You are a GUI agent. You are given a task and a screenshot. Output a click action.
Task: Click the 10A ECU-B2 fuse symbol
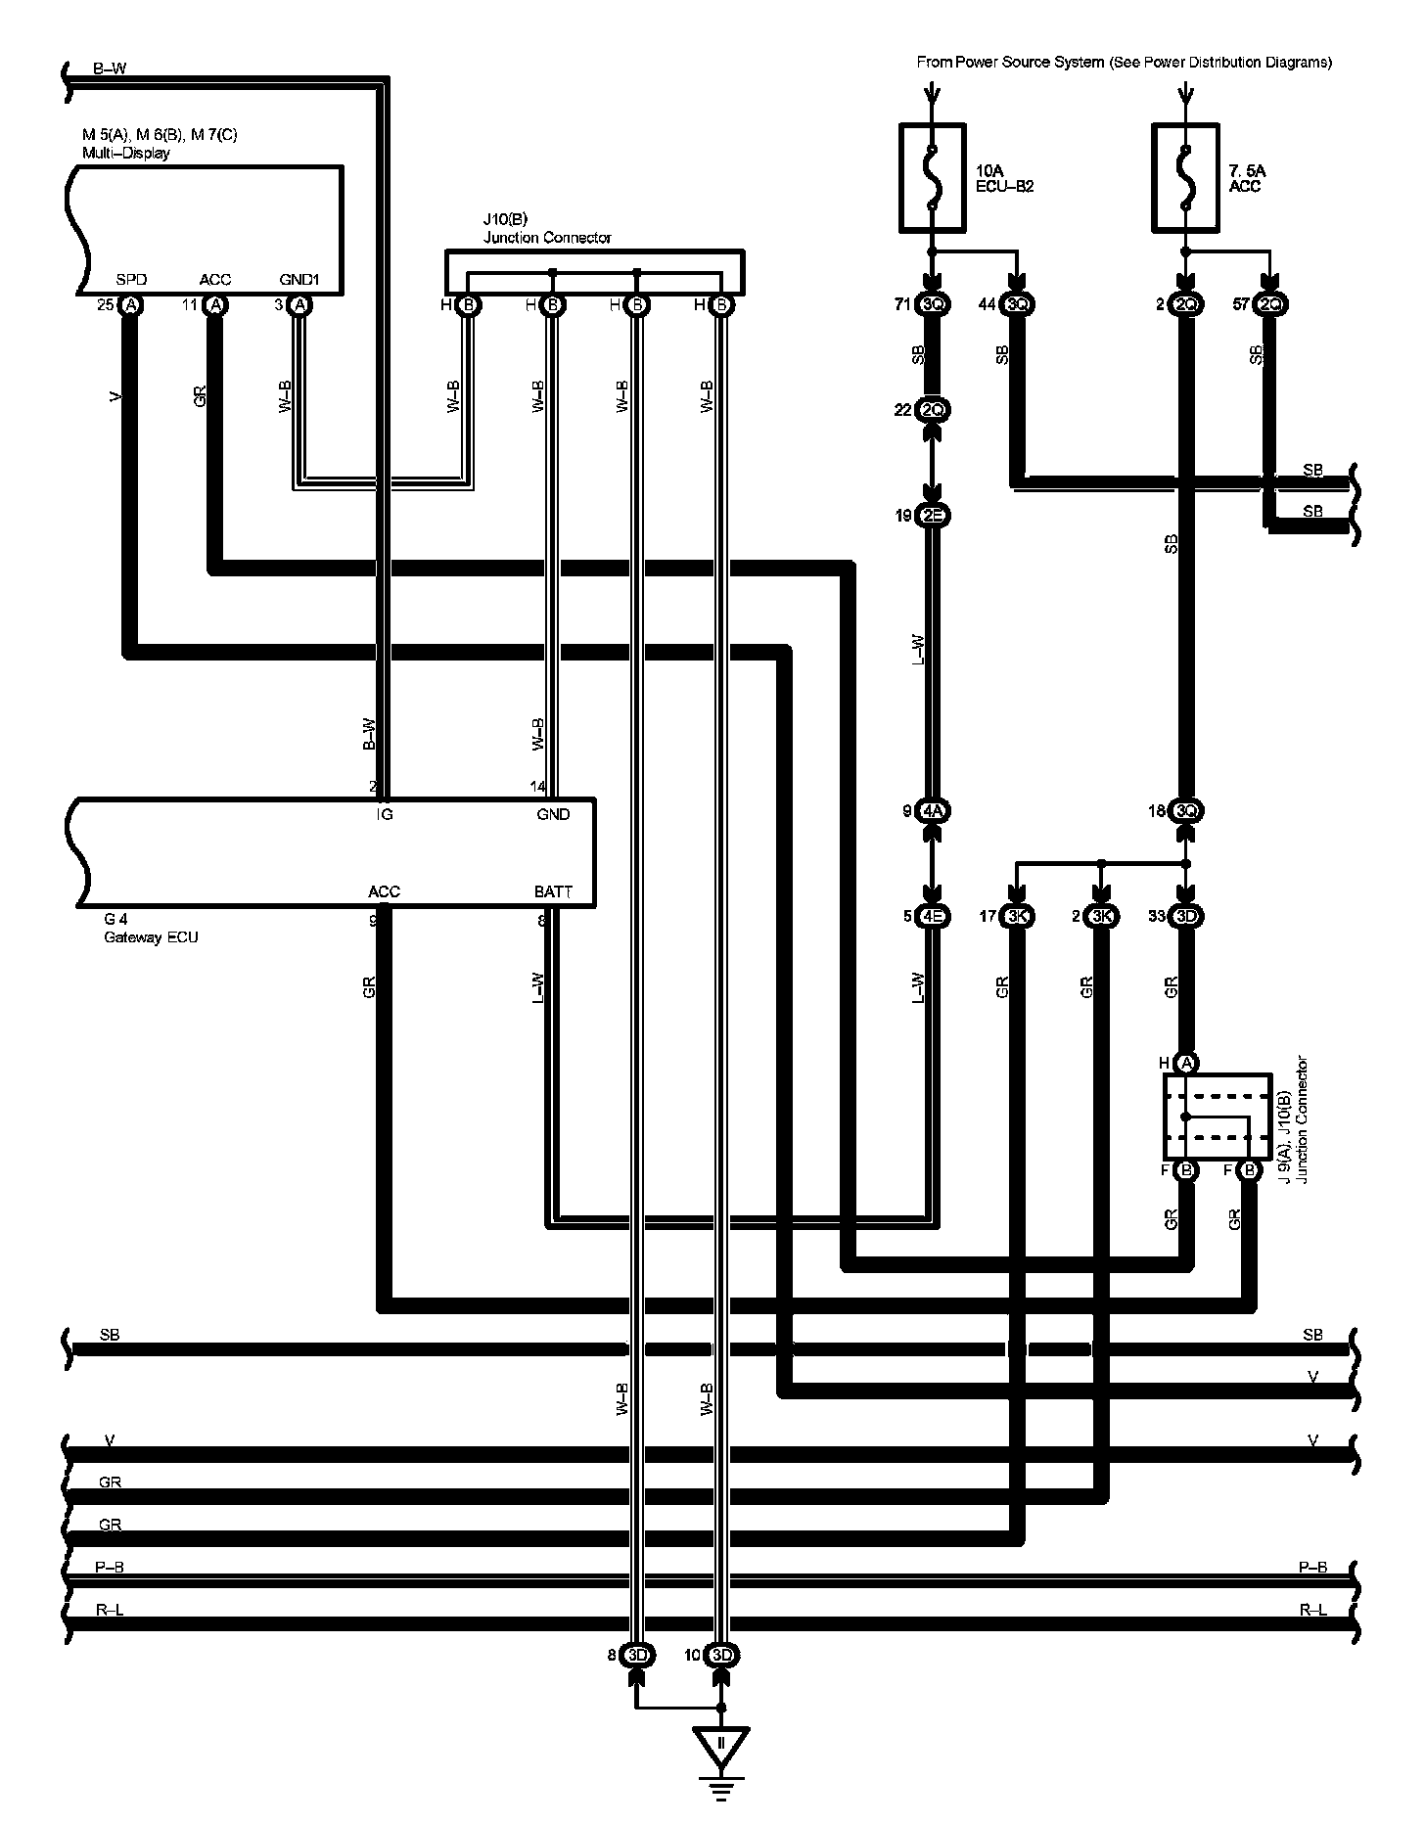coord(932,177)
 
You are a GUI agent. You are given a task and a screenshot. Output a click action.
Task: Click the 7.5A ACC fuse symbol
coord(1186,177)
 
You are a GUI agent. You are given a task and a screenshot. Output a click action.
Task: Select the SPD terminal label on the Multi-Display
coord(131,280)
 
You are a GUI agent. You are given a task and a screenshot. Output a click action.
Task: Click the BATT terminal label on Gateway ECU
coord(553,891)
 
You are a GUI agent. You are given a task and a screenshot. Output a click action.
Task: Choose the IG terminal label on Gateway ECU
coord(385,814)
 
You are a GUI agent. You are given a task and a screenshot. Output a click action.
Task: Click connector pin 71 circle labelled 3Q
coord(933,305)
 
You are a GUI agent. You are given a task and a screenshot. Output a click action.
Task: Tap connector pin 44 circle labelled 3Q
coord(1018,305)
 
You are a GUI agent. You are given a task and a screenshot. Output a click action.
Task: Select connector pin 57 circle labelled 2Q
coord(1270,305)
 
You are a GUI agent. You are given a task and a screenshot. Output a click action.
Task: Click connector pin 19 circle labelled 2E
coord(933,516)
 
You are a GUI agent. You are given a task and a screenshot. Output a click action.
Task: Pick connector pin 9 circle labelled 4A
coord(933,810)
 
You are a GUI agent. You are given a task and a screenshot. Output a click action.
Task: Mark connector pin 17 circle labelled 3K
coord(1018,917)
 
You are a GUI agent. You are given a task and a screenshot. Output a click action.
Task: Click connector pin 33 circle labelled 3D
coord(1186,917)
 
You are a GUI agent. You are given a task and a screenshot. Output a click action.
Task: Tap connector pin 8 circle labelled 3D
coord(637,1656)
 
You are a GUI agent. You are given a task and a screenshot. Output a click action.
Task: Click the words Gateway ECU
coord(151,937)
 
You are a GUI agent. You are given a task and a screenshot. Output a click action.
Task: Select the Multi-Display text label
coord(125,153)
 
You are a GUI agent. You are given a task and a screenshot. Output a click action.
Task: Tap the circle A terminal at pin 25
coord(130,305)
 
